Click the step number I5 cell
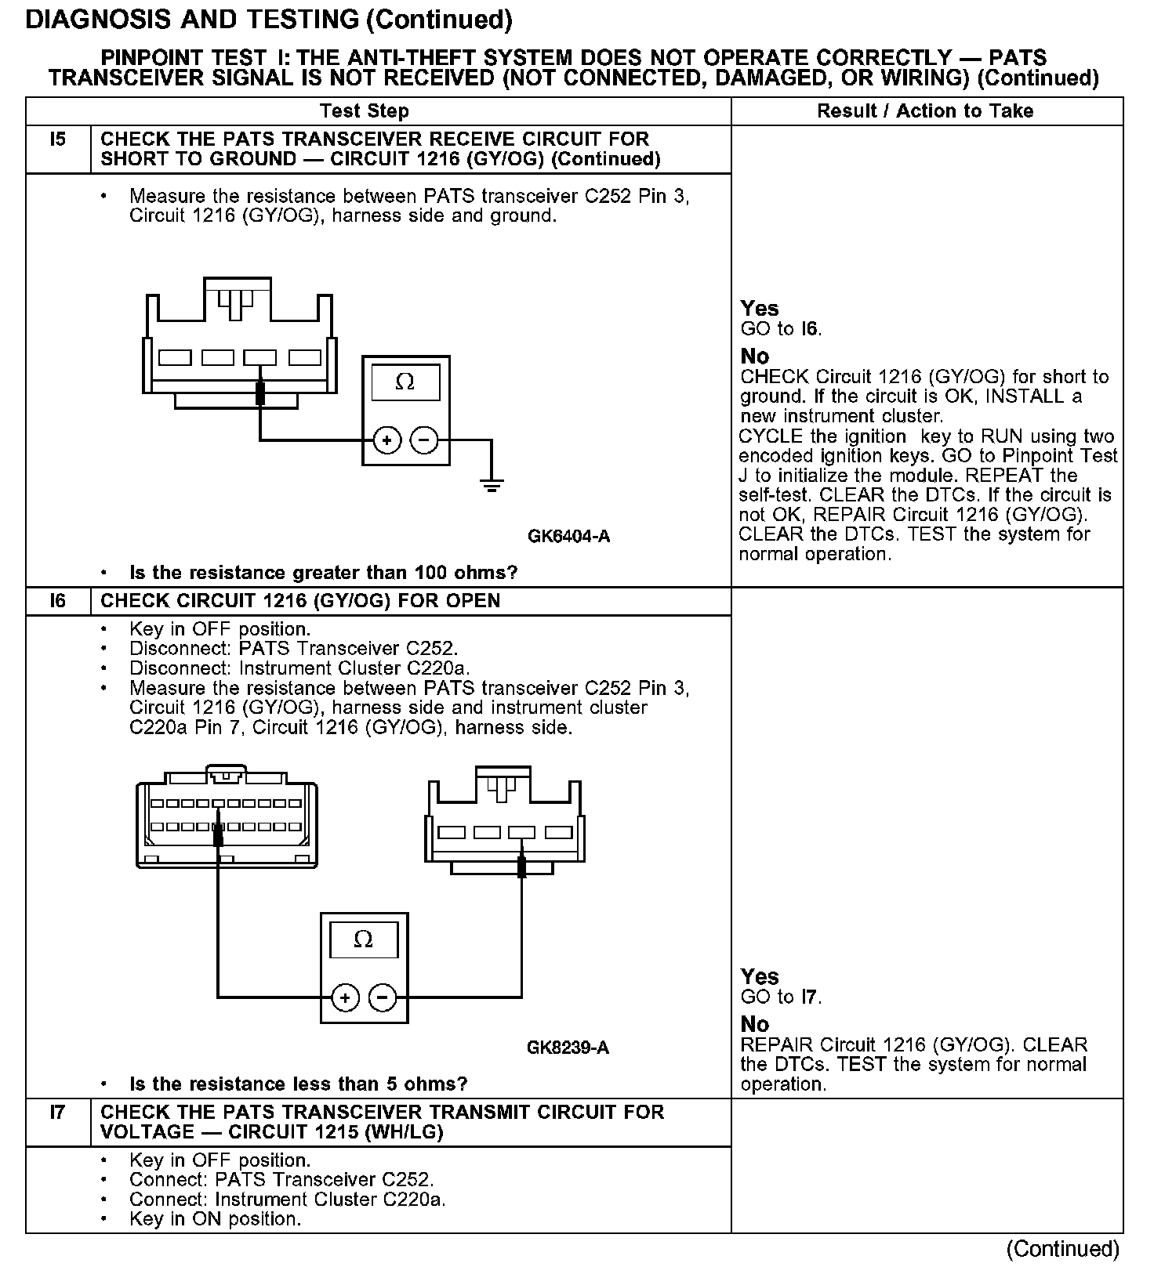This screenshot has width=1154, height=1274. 58,140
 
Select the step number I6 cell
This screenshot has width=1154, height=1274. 58,601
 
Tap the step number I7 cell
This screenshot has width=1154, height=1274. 58,1112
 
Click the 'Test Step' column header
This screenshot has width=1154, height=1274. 365,111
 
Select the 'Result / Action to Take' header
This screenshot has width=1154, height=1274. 925,111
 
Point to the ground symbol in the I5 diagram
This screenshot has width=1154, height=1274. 492,484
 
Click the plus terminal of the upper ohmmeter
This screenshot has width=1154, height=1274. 386,441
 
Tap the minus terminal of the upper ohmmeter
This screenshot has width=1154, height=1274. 424,441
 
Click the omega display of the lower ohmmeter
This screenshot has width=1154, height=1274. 364,939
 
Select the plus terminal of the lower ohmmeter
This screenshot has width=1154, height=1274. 344,997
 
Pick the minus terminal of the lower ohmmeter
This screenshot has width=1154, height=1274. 383,997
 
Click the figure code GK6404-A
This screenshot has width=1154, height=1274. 568,537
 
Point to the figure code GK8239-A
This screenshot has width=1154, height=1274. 568,1048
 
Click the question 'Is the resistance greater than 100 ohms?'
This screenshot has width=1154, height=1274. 323,573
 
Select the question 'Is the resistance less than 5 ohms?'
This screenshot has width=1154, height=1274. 298,1084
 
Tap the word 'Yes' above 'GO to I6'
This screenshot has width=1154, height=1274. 760,309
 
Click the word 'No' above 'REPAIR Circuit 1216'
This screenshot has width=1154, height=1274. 755,1024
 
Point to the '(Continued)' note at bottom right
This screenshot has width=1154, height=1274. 1062,1248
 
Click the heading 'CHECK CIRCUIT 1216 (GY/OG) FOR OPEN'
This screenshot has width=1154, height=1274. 300,601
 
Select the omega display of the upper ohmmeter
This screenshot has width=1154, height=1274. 405,382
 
